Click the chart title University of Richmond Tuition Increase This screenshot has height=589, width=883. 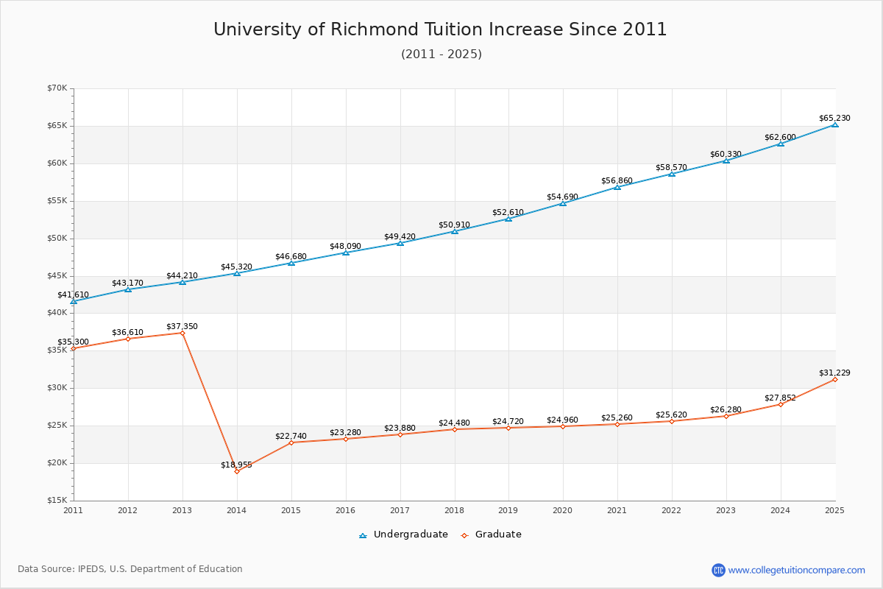coord(440,29)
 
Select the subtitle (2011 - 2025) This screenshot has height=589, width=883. coord(441,54)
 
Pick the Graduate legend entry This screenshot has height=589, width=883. coord(492,535)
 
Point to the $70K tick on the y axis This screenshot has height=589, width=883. coord(57,88)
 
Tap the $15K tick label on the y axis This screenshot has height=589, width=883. coord(57,501)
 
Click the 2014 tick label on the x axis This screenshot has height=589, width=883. coord(237,510)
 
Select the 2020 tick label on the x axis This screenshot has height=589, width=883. coord(563,510)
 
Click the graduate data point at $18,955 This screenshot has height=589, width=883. coord(237,471)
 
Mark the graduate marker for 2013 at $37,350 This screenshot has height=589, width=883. coord(182,333)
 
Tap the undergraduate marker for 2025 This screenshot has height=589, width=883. coord(834,124)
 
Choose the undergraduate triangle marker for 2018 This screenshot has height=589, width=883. coord(454,231)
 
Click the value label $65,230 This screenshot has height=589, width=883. coord(834,118)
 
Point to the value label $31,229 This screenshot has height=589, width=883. coord(834,373)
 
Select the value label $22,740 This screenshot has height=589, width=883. coord(291,436)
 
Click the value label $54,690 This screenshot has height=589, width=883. coord(562,197)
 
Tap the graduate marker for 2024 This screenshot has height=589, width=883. coord(780,404)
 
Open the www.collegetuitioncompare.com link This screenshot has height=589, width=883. coord(796,570)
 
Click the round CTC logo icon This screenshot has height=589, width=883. coord(718,570)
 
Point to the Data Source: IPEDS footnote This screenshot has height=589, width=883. coord(130,569)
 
